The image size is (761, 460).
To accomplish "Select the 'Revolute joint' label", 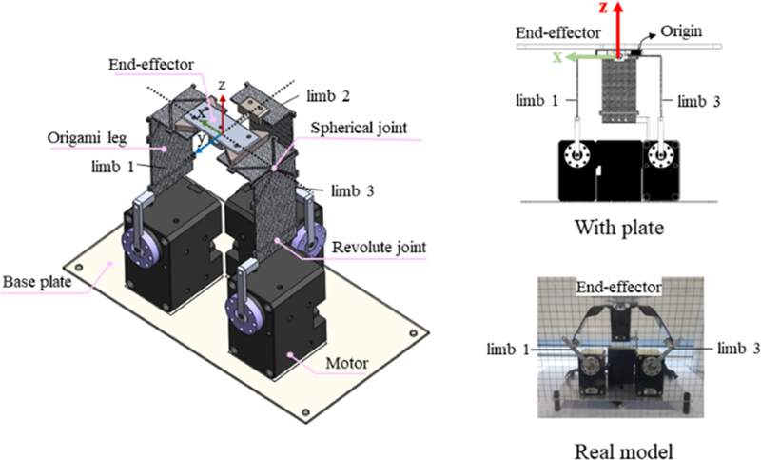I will click(x=378, y=248).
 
